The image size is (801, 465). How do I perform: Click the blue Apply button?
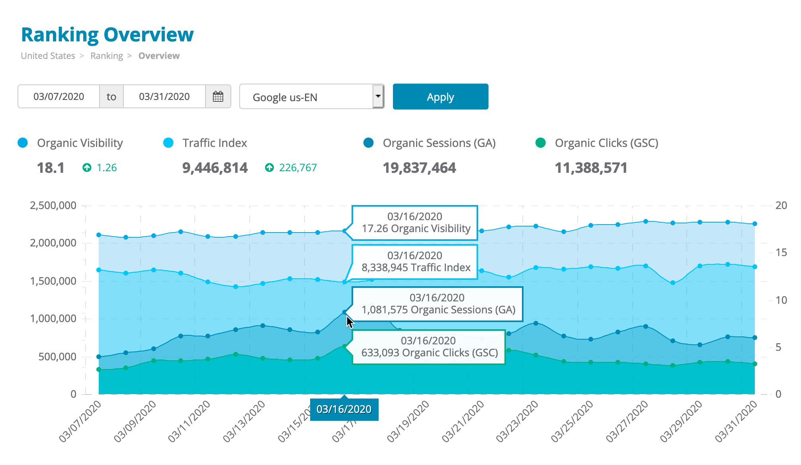click(x=440, y=97)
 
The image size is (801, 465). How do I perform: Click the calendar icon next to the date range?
click(x=218, y=96)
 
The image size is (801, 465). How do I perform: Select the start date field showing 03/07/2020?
click(x=59, y=96)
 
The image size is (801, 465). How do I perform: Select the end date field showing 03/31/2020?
click(x=164, y=96)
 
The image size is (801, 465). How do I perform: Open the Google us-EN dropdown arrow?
click(x=378, y=96)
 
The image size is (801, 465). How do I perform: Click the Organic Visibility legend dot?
click(x=23, y=143)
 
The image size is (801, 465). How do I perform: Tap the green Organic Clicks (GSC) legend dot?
click(x=540, y=143)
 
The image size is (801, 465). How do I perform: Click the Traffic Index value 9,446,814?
click(x=215, y=168)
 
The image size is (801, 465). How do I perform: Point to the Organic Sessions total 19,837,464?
click(x=419, y=168)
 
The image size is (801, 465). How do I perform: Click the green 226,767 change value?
click(x=297, y=168)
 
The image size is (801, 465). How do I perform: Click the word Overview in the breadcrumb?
click(x=159, y=56)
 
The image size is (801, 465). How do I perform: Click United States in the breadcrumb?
click(x=48, y=56)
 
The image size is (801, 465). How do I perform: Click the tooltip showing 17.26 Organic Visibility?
click(x=415, y=223)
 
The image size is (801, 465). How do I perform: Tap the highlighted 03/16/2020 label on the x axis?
click(x=344, y=409)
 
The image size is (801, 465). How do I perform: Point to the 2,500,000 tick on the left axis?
click(x=53, y=205)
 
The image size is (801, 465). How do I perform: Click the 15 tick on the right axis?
click(x=781, y=252)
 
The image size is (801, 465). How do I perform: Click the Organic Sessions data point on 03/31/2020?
click(x=754, y=338)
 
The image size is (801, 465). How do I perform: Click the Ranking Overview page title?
click(x=107, y=35)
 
